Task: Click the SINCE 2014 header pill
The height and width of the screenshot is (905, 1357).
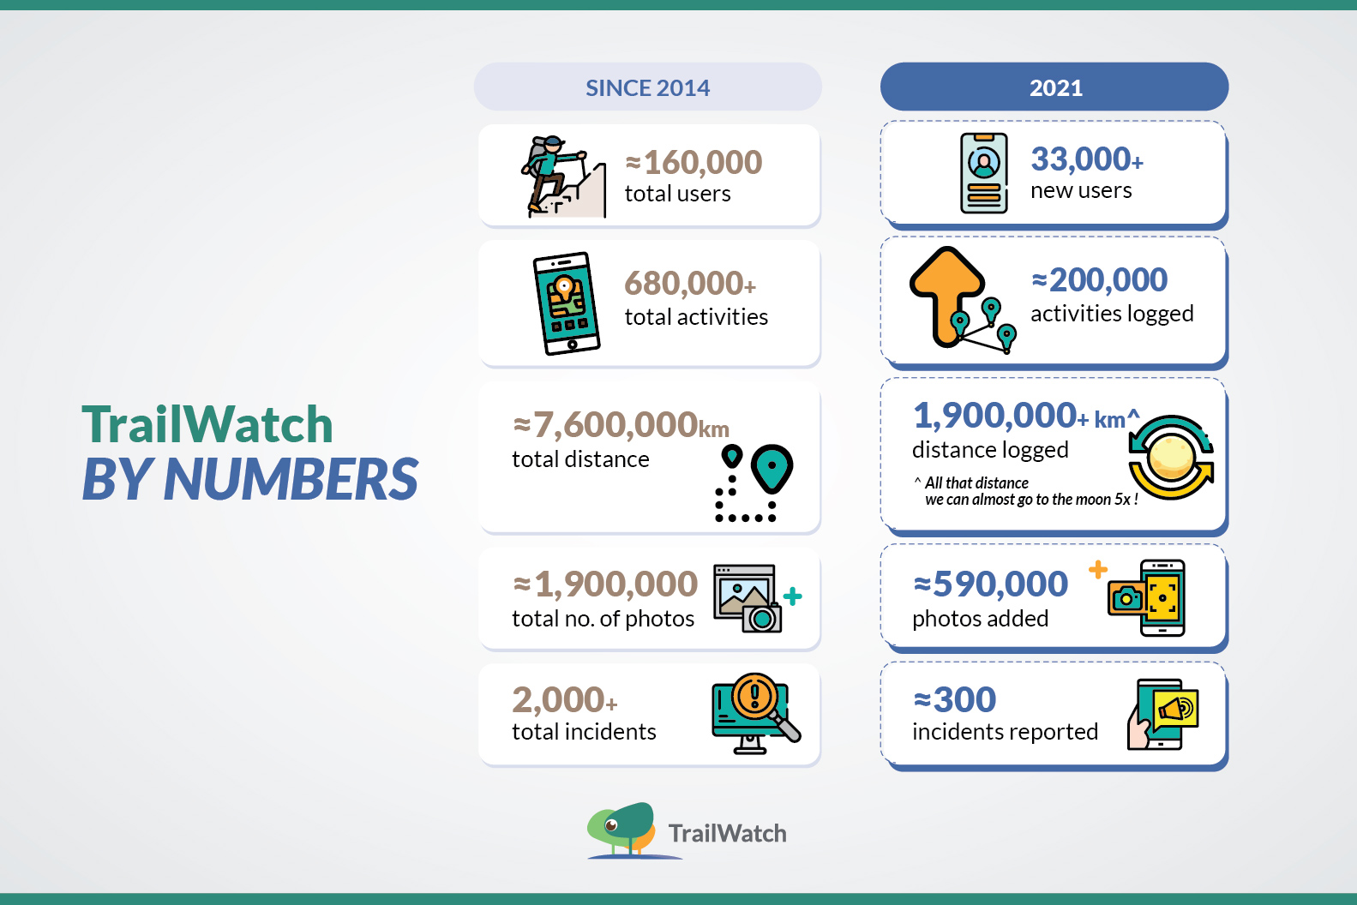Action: (x=647, y=87)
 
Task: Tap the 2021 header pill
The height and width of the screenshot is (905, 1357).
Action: (x=1054, y=87)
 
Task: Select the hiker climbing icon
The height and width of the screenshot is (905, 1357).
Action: (x=563, y=177)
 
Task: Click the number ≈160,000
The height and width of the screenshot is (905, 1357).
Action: (x=694, y=162)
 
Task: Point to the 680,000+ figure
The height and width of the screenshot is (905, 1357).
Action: (x=690, y=283)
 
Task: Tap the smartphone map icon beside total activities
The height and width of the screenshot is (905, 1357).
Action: (x=567, y=303)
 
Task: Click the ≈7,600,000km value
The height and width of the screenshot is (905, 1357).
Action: (x=621, y=424)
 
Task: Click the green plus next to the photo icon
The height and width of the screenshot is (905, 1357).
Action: (x=792, y=596)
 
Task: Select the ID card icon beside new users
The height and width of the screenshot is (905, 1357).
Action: (x=984, y=173)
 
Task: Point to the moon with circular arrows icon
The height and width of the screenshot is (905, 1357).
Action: (x=1171, y=458)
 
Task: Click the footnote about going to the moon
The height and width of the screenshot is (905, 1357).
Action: (x=1026, y=491)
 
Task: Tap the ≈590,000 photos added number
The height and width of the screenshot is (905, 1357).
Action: (x=990, y=584)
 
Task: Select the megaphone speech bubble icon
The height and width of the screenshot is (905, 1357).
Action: (x=1176, y=710)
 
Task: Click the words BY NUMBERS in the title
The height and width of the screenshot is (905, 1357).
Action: (x=249, y=478)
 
